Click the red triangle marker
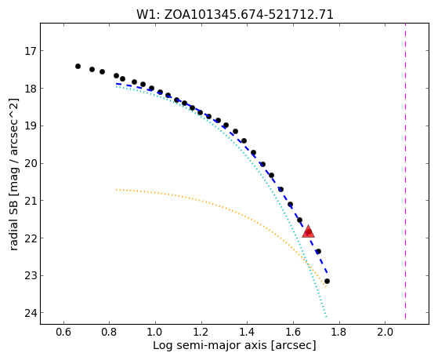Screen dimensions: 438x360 [x=309, y=231]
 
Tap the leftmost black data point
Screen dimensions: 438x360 [x=78, y=67]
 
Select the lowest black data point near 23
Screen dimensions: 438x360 [x=327, y=281]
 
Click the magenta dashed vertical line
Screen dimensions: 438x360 [x=405, y=171]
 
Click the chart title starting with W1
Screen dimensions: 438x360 [x=234, y=15]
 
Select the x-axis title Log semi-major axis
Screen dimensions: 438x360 [x=234, y=345]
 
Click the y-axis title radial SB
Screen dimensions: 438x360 [x=13, y=174]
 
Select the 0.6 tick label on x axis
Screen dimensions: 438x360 [x=63, y=333]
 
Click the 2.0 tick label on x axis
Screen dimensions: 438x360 [x=386, y=333]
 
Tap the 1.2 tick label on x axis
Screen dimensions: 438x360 [x=201, y=333]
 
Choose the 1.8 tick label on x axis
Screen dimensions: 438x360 [x=339, y=333]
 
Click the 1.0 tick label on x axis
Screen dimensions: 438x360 [x=155, y=333]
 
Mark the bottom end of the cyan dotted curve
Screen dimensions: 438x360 [x=326, y=317]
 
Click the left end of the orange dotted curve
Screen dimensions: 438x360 [x=116, y=190]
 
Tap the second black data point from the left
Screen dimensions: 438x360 [x=92, y=69]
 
